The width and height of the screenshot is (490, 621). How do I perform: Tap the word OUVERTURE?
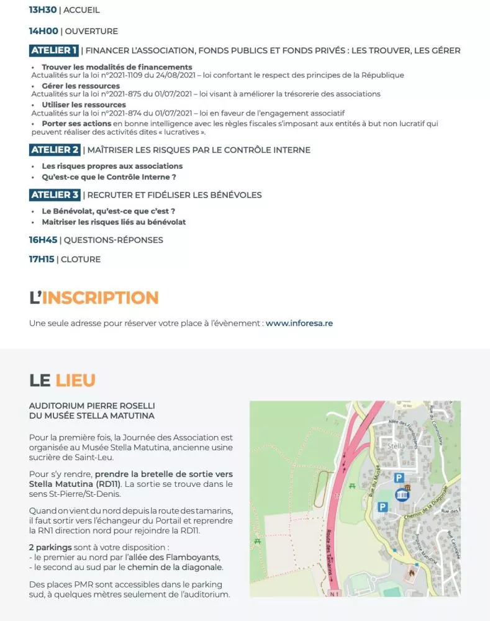[x=91, y=31]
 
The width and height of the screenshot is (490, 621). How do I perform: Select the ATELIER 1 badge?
[x=54, y=50]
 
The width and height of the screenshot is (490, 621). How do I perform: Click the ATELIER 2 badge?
[x=55, y=150]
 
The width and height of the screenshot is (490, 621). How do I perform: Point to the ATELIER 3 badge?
[x=55, y=195]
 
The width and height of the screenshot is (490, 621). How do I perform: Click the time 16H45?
[x=43, y=240]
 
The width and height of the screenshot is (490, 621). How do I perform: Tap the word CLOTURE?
[x=81, y=259]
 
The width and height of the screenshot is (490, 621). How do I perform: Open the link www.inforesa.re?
[x=299, y=324]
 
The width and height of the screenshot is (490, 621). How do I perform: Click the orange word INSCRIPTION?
[x=100, y=297]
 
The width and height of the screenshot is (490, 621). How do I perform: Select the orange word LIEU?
[x=75, y=379]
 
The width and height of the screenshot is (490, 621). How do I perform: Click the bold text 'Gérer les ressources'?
[x=81, y=86]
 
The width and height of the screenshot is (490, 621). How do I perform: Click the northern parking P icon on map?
[x=399, y=478]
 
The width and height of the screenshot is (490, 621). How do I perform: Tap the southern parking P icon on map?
[x=383, y=507]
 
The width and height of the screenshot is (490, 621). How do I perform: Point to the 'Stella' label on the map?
[x=396, y=446]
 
